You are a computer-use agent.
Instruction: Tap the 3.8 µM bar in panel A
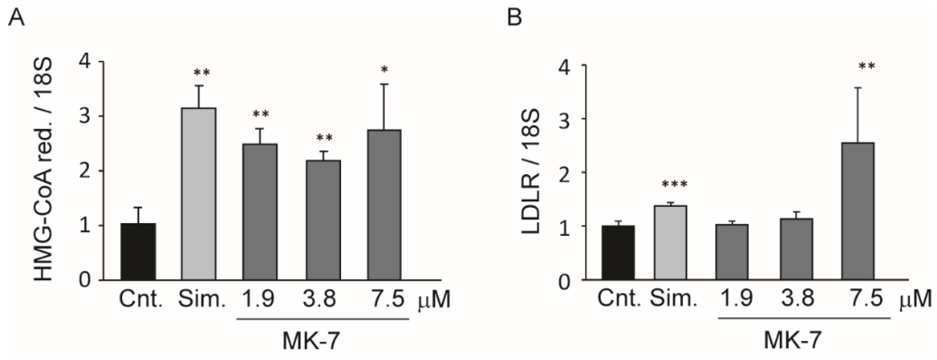pyautogui.click(x=323, y=220)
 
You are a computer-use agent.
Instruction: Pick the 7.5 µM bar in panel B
pyautogui.click(x=858, y=211)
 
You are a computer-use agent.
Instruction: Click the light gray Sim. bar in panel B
pyautogui.click(x=670, y=242)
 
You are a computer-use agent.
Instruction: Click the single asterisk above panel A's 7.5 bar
pyautogui.click(x=384, y=70)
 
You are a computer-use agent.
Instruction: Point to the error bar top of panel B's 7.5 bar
pyautogui.click(x=858, y=98)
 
